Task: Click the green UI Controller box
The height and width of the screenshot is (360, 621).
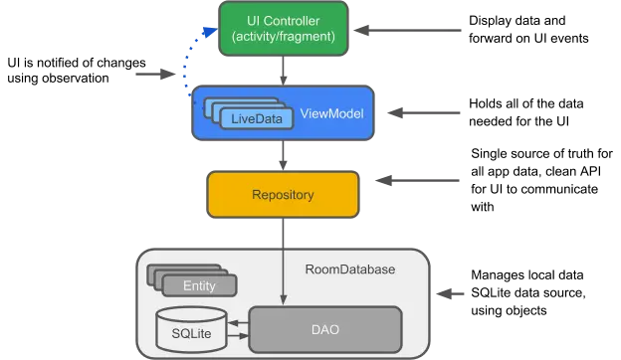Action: point(284,29)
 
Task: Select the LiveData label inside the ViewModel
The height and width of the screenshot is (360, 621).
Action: point(257,118)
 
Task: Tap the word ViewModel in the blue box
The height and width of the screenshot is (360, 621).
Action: point(331,113)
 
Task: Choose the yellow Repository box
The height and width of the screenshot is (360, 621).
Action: point(283,194)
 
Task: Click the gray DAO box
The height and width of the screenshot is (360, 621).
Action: point(325,329)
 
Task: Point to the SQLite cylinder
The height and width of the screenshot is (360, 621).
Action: point(191,329)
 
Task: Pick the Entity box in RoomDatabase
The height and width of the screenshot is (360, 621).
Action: point(199,285)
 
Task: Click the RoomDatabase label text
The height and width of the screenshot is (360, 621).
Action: point(350,270)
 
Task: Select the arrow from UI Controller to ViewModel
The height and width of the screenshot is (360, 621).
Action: point(283,71)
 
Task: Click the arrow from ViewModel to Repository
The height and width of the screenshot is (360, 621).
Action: point(283,155)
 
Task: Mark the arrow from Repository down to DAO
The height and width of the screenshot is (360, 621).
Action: point(283,262)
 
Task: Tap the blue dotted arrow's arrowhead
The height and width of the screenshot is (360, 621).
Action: point(210,31)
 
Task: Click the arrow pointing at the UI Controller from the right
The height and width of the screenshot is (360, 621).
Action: point(407,30)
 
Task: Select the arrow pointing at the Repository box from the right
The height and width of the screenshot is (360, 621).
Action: point(417,180)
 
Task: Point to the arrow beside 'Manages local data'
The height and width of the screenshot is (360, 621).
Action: point(450,294)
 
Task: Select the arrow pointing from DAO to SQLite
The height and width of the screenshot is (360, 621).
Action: point(238,323)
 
